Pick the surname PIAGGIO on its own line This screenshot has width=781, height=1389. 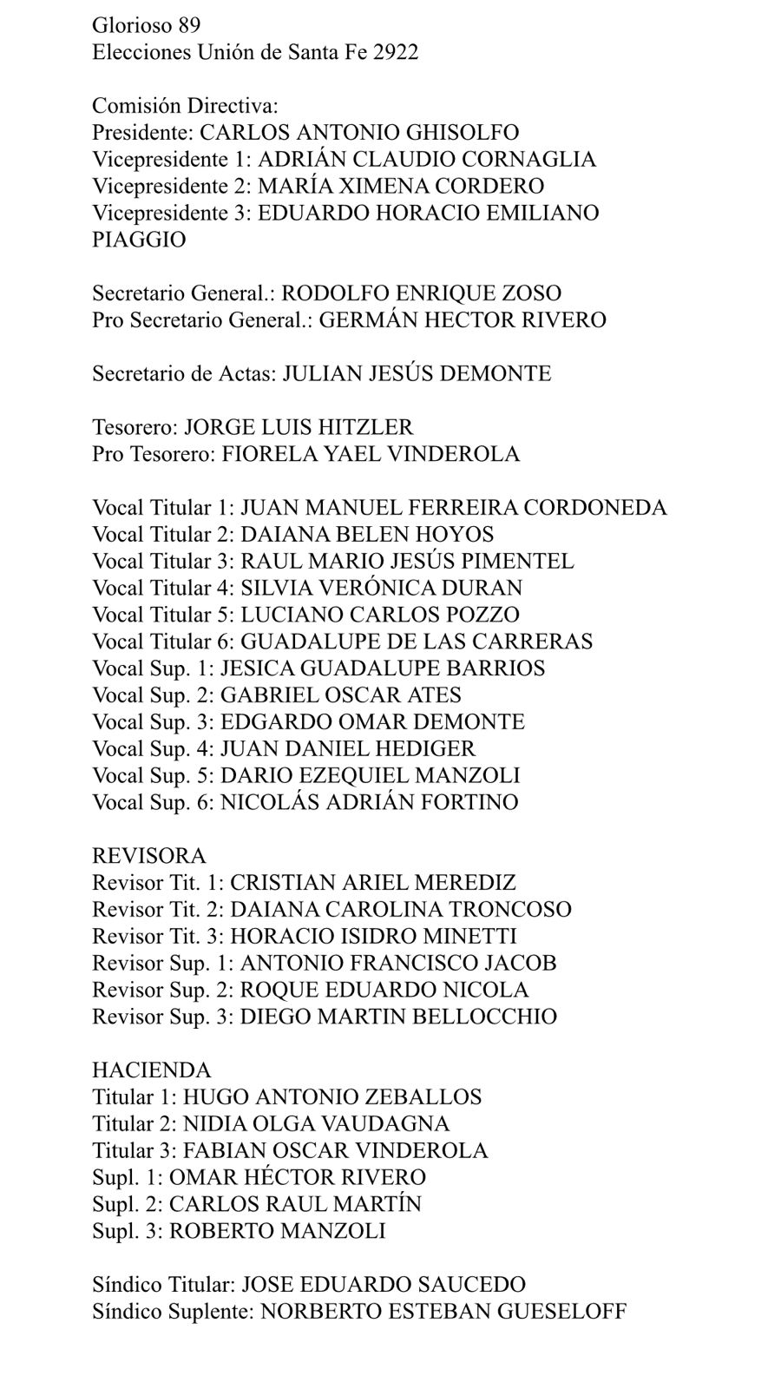click(x=139, y=240)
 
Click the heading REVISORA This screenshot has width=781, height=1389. click(x=149, y=856)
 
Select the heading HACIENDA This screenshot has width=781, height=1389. click(x=152, y=1070)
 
